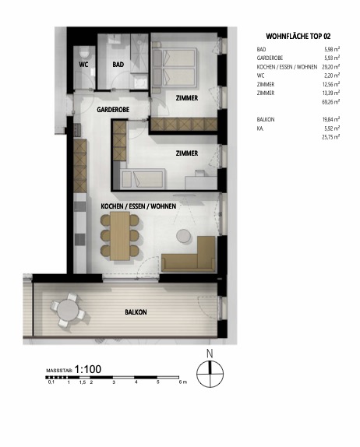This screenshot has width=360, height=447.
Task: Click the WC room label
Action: [83, 65]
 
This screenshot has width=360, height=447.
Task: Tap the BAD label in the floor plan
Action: [118, 65]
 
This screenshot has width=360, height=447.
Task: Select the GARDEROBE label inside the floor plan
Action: [113, 111]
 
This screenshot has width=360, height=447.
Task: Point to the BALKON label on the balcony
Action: [136, 311]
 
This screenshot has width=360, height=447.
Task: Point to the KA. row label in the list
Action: [260, 128]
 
